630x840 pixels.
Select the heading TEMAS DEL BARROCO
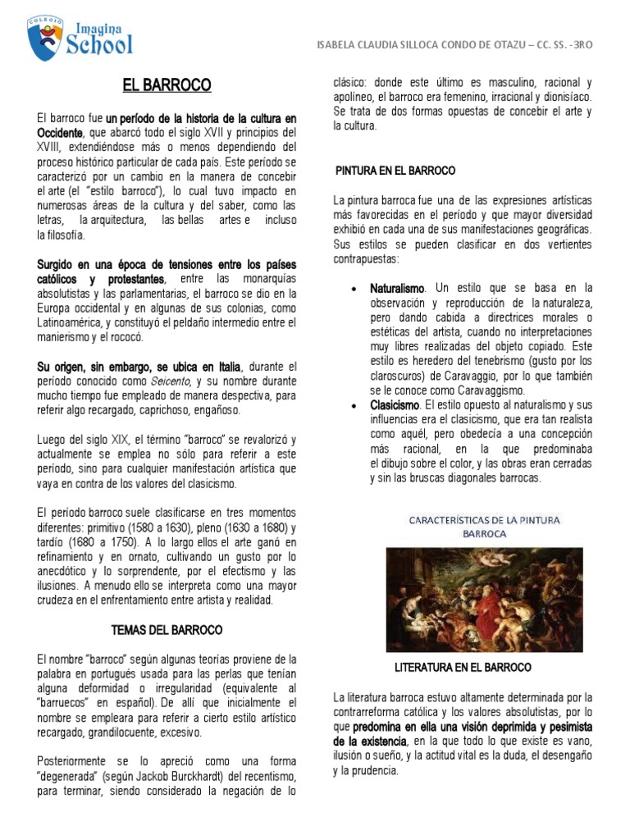(167, 630)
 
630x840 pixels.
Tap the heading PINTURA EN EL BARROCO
(395, 170)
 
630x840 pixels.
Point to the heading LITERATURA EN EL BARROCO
(463, 667)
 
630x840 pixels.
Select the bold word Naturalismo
(398, 289)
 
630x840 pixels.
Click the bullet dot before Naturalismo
(353, 290)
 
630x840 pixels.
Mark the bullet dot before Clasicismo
(353, 406)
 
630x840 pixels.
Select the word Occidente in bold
(60, 133)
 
